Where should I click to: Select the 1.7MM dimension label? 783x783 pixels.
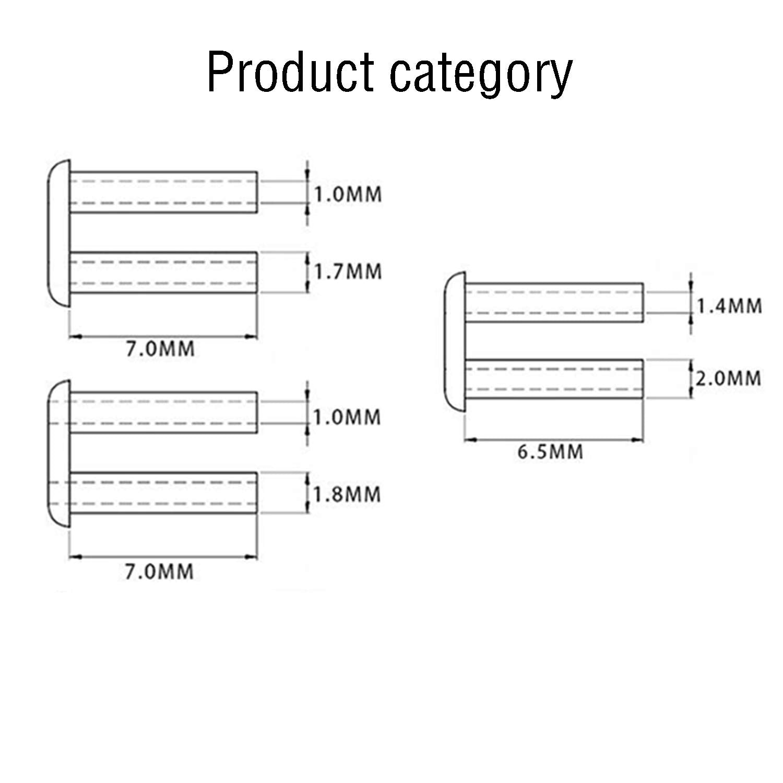348,272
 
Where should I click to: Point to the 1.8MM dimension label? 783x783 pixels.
347,494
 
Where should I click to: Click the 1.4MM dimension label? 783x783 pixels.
729,306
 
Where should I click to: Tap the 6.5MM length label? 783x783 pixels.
550,452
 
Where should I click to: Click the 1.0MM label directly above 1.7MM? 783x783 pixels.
348,195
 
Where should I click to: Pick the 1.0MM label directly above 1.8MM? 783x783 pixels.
347,418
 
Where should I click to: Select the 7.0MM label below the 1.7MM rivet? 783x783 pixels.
160,348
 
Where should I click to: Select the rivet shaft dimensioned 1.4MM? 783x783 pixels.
554,303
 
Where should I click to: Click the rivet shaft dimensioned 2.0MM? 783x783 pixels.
554,379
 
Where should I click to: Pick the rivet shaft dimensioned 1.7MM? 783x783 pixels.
163,272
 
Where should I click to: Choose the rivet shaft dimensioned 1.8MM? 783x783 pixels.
163,493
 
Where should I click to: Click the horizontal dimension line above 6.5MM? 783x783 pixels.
554,440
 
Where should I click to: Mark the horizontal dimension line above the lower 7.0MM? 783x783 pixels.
163,557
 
